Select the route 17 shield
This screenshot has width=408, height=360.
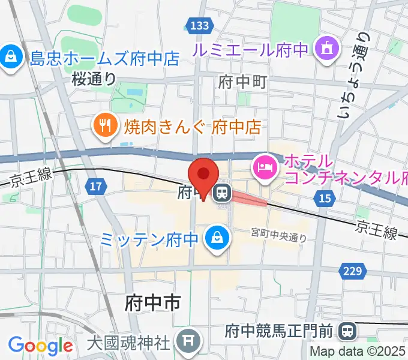coord(95,187)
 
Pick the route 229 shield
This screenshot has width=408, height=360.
coord(352,271)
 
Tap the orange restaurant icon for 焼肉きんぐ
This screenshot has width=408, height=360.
coord(106,125)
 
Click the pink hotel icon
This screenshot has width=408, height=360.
coord(265,164)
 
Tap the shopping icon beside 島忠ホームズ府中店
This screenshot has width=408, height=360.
coord(10,58)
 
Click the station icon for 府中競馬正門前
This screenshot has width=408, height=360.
coord(346,330)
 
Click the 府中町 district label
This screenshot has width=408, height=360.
coord(242,80)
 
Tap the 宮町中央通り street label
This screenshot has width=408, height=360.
coord(279,236)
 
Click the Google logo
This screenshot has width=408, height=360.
coord(40,346)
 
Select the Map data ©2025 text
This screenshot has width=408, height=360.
coord(358,352)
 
